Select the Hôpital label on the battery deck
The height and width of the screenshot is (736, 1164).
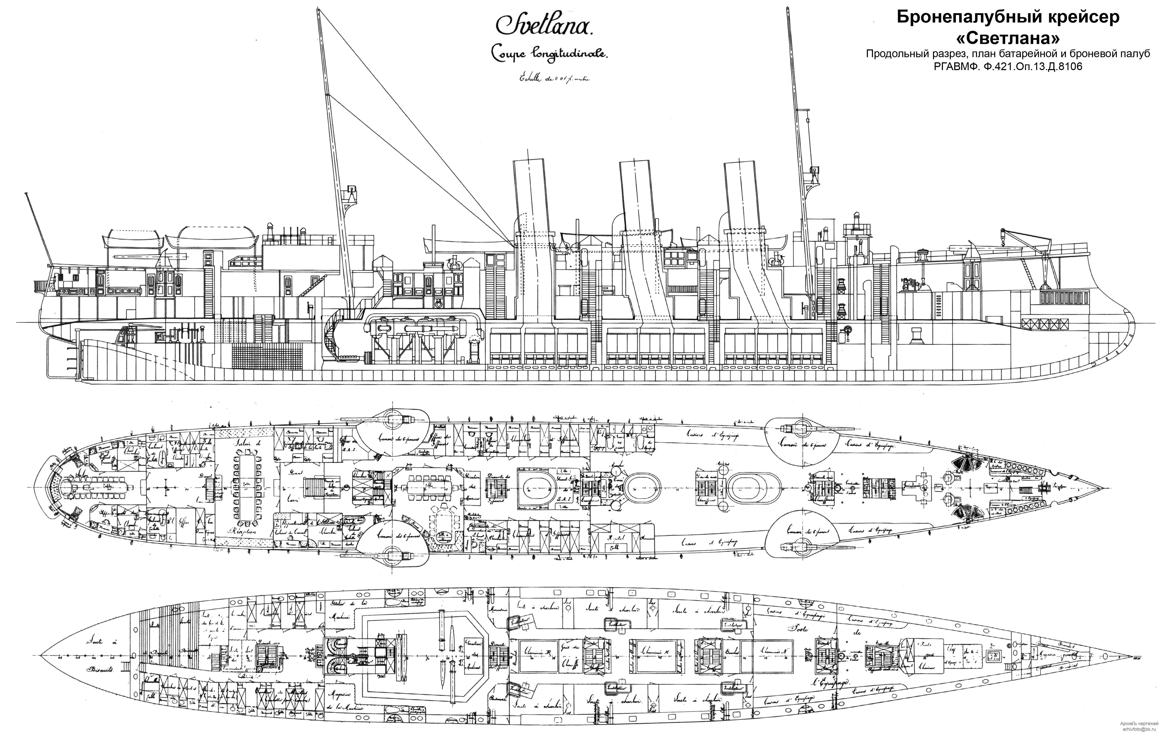click(614, 538)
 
